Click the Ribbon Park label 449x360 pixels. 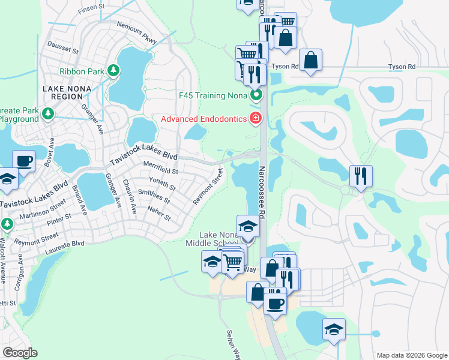(x=82, y=71)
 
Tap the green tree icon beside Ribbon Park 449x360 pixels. (x=113, y=71)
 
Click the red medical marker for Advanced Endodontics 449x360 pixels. (x=256, y=118)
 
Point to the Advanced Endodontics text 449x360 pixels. (x=203, y=118)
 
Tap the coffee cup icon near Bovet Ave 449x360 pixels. (x=23, y=161)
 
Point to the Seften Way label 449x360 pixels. (x=234, y=343)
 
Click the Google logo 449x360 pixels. (x=20, y=353)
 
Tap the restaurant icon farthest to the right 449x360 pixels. (x=360, y=176)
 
